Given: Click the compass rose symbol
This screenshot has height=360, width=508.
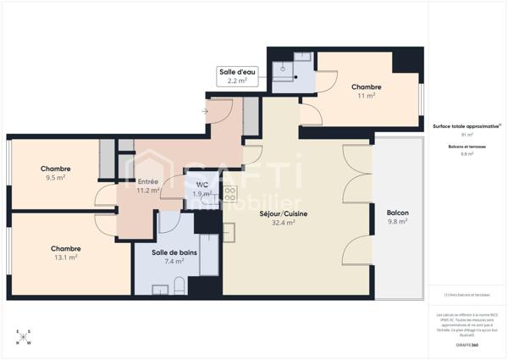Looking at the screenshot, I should pyautogui.click(x=22, y=337).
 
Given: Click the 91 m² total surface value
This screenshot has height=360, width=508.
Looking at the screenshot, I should pyautogui.click(x=467, y=135).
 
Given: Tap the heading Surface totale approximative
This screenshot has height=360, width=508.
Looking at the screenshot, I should pyautogui.click(x=465, y=125).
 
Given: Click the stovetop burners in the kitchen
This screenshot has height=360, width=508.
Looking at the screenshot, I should pyautogui.click(x=229, y=197).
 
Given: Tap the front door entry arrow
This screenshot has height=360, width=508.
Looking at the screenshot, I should pyautogui.click(x=206, y=110).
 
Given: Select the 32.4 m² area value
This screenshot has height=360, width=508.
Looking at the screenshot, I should pyautogui.click(x=283, y=223).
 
